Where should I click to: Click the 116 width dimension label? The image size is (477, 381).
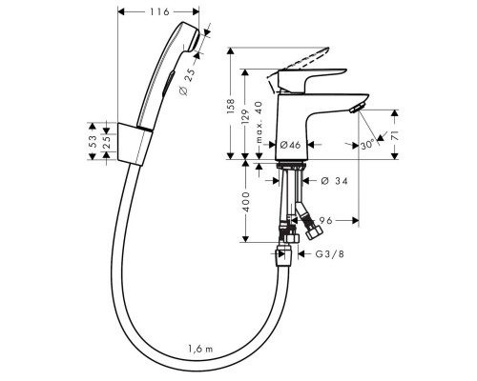pos(159,12)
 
